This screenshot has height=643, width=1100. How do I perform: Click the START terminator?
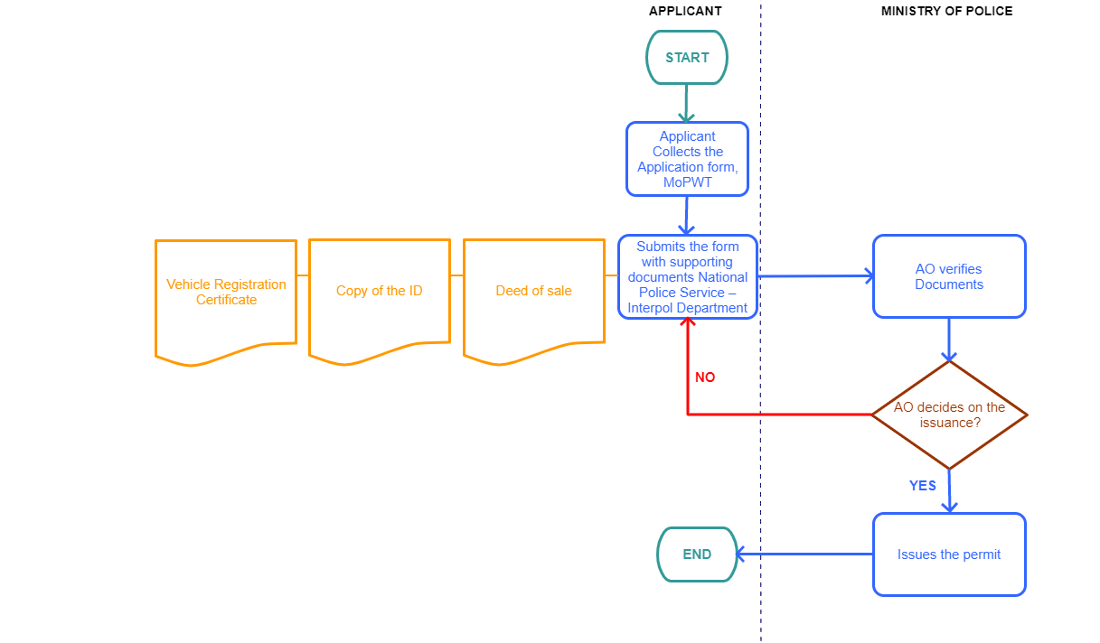pyautogui.click(x=687, y=58)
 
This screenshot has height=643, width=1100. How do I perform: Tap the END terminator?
pyautogui.click(x=697, y=554)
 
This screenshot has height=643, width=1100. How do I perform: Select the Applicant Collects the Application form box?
pyautogui.click(x=687, y=159)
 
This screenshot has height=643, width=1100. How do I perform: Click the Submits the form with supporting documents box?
pyautogui.click(x=688, y=276)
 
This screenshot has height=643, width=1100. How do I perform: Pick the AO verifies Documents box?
pyautogui.click(x=949, y=276)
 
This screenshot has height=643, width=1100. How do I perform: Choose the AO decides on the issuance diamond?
pyautogui.click(x=949, y=415)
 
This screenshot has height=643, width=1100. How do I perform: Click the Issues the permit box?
pyautogui.click(x=949, y=554)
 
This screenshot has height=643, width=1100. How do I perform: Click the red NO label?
pyautogui.click(x=705, y=377)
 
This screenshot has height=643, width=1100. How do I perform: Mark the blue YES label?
pyautogui.click(x=922, y=486)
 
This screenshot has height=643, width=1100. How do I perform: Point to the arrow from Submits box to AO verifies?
pyautogui.click(x=813, y=276)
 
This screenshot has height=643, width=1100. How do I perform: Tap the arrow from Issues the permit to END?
pyautogui.click(x=804, y=554)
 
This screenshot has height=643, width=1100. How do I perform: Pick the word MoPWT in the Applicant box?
pyautogui.click(x=687, y=182)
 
